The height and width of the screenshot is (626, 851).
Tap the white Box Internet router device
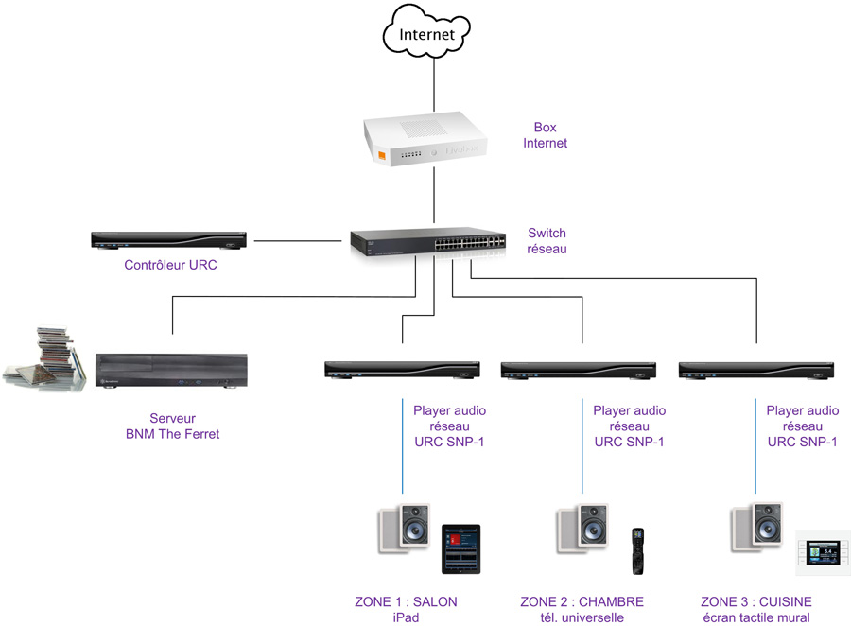[425, 142]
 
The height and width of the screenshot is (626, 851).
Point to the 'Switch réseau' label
[547, 241]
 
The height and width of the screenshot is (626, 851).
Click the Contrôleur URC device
[169, 240]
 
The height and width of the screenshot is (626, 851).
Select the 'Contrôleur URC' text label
[170, 265]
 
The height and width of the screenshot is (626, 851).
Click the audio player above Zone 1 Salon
[402, 370]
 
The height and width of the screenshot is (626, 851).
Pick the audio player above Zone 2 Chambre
[579, 370]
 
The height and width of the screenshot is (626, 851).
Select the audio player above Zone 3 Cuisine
[756, 370]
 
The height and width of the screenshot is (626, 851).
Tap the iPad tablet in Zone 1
[460, 548]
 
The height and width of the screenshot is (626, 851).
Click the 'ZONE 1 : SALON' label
[406, 602]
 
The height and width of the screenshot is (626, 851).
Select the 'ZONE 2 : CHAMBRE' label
[582, 602]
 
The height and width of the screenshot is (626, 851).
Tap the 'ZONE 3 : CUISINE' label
[756, 602]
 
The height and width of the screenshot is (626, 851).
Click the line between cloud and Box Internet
[434, 83]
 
